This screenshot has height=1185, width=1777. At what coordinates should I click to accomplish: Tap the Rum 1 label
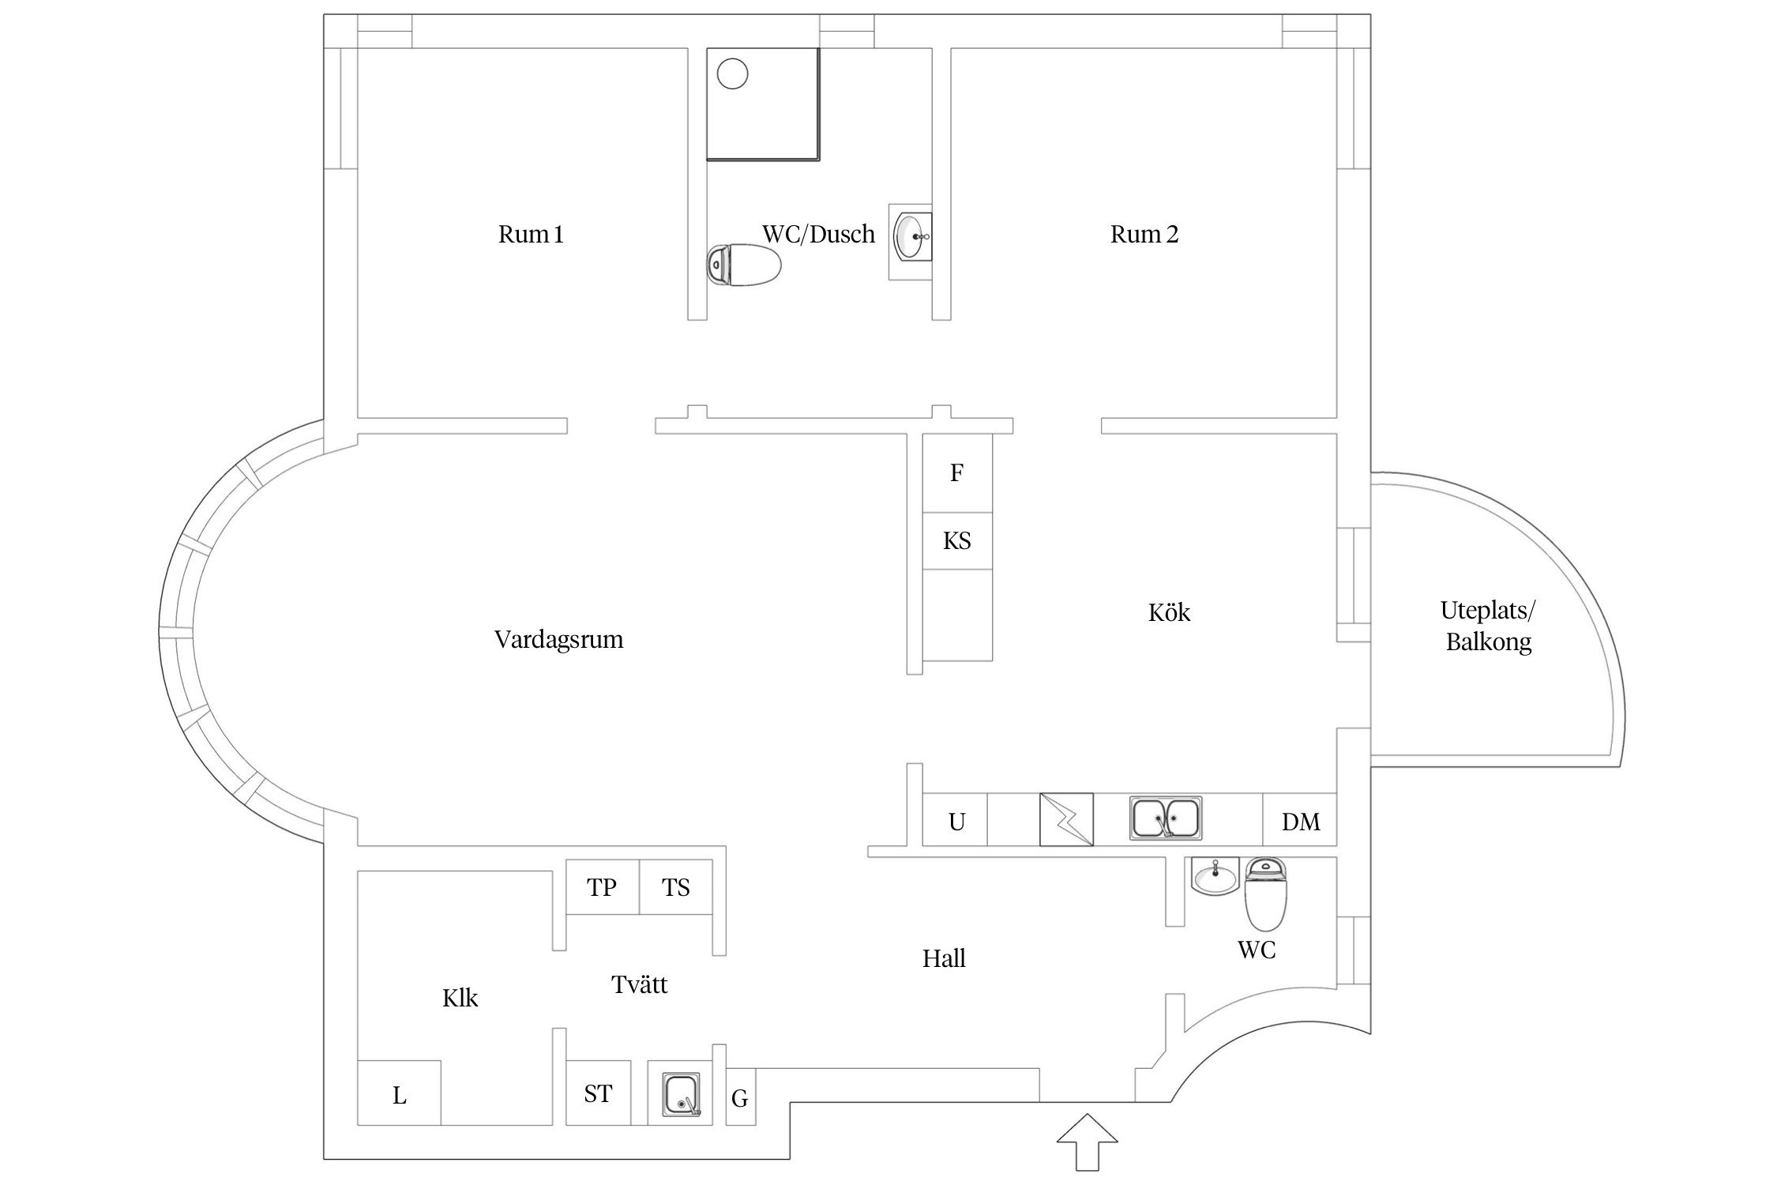coord(531,235)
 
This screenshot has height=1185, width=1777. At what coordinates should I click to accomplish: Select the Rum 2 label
coord(1144,235)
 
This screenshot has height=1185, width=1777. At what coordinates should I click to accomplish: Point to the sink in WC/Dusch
coord(912,236)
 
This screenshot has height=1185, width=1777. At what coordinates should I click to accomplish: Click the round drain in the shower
coord(732,75)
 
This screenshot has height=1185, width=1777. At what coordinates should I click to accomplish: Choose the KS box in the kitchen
coord(957,541)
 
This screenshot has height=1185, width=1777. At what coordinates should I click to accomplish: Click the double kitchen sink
coord(1165,818)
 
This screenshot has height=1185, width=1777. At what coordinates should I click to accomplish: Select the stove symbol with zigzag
coord(1066,819)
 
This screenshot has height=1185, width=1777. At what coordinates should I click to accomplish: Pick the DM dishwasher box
coord(1300,822)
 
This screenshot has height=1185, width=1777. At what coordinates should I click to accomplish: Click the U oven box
coord(956,822)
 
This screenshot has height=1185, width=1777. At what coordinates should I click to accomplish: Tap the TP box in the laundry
coord(602,887)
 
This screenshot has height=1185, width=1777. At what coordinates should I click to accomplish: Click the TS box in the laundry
coord(676,887)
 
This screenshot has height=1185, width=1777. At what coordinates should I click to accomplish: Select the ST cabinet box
coord(599,1093)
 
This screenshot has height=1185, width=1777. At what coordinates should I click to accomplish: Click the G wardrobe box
coord(740,1097)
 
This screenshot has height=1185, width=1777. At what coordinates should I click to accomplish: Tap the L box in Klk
coord(400,1094)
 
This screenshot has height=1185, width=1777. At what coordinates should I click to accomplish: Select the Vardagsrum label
coord(558,639)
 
